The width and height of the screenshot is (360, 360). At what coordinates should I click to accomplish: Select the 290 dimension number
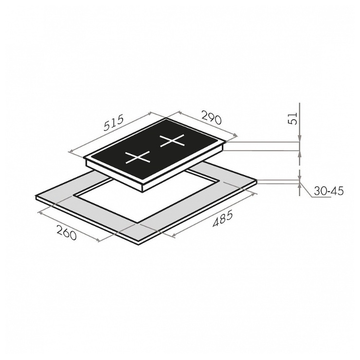pos(212,117)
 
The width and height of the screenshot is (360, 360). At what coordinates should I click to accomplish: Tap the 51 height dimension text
pos(292,119)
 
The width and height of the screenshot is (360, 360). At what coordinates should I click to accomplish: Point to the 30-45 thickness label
pos(328,191)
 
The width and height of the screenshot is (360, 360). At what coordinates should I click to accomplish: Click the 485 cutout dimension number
pos(223,218)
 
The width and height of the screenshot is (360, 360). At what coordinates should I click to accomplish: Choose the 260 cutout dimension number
pos(66,233)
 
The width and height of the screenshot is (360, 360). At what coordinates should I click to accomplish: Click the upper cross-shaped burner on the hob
pos(172,140)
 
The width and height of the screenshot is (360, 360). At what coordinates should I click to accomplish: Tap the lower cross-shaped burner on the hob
pos(137,158)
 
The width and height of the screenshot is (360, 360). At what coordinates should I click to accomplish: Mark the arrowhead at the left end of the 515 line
pos(71,151)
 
